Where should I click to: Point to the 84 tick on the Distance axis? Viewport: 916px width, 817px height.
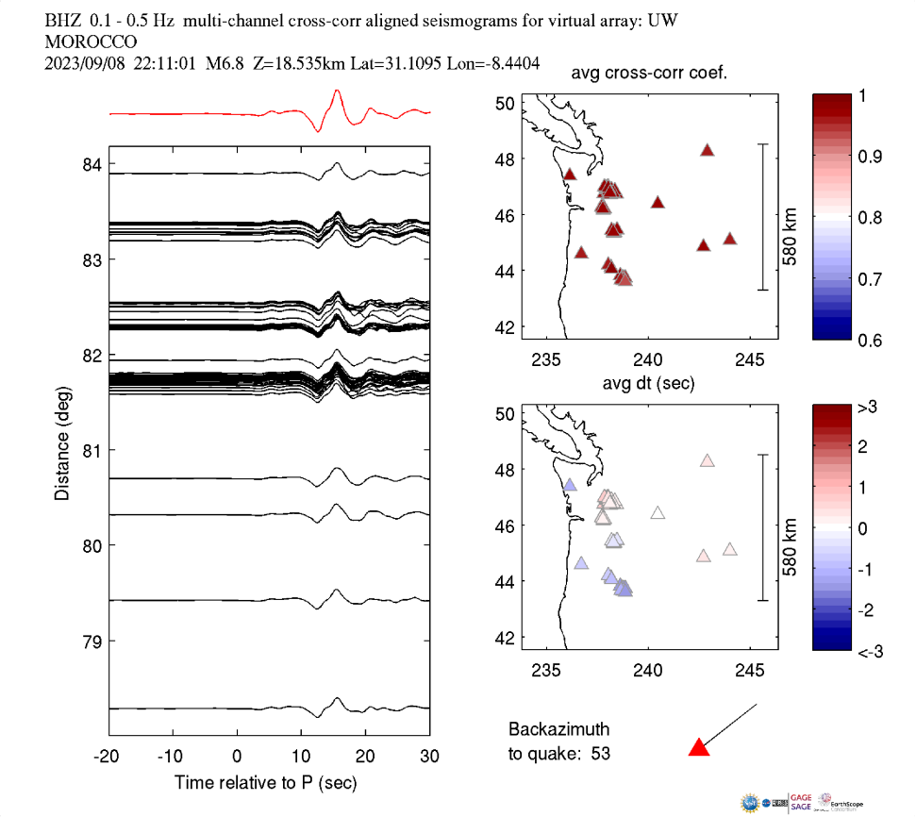tap(92, 166)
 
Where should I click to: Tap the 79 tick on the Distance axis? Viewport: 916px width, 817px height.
tap(92, 642)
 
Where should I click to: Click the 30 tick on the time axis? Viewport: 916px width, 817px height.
tap(429, 757)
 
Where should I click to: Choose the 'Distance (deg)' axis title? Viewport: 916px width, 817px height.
tap(61, 449)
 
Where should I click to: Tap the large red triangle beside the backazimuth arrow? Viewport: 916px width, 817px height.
tap(698, 748)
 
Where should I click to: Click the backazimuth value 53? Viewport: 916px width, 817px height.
tap(613, 753)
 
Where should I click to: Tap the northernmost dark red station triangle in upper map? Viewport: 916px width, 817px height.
tap(708, 150)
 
